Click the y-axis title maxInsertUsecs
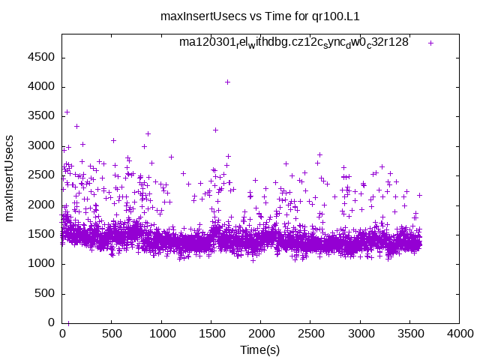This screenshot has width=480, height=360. pyautogui.click(x=10, y=178)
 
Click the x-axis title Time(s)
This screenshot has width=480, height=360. pyautogui.click(x=260, y=349)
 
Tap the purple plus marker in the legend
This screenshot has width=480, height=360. pyautogui.click(x=430, y=43)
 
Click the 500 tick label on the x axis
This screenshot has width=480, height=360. pyautogui.click(x=112, y=334)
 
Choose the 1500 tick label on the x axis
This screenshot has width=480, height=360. pyautogui.click(x=211, y=334)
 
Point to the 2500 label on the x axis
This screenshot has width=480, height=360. pyautogui.click(x=310, y=334)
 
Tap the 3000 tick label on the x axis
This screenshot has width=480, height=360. pyautogui.click(x=360, y=334)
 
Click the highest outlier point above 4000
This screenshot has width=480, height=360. pyautogui.click(x=227, y=82)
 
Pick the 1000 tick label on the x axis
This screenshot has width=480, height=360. pyautogui.click(x=161, y=334)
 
